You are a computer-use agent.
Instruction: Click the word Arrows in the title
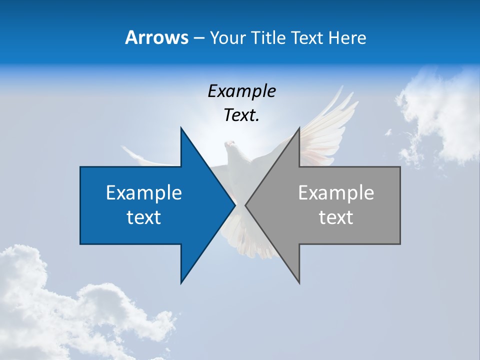point(156,37)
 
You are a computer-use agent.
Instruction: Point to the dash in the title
point(198,38)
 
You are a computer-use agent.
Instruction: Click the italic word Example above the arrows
point(241,91)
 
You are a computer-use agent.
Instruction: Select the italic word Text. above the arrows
point(241,115)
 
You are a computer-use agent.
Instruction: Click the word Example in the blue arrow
point(144,193)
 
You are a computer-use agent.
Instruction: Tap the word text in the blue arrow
point(144,217)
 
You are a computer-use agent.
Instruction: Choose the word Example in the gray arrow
point(336,193)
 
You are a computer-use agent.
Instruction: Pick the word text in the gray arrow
point(336,217)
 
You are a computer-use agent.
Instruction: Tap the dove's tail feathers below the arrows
point(250,245)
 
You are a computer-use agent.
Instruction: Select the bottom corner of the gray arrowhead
point(299,282)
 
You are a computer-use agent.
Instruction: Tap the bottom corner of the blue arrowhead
point(181,282)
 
